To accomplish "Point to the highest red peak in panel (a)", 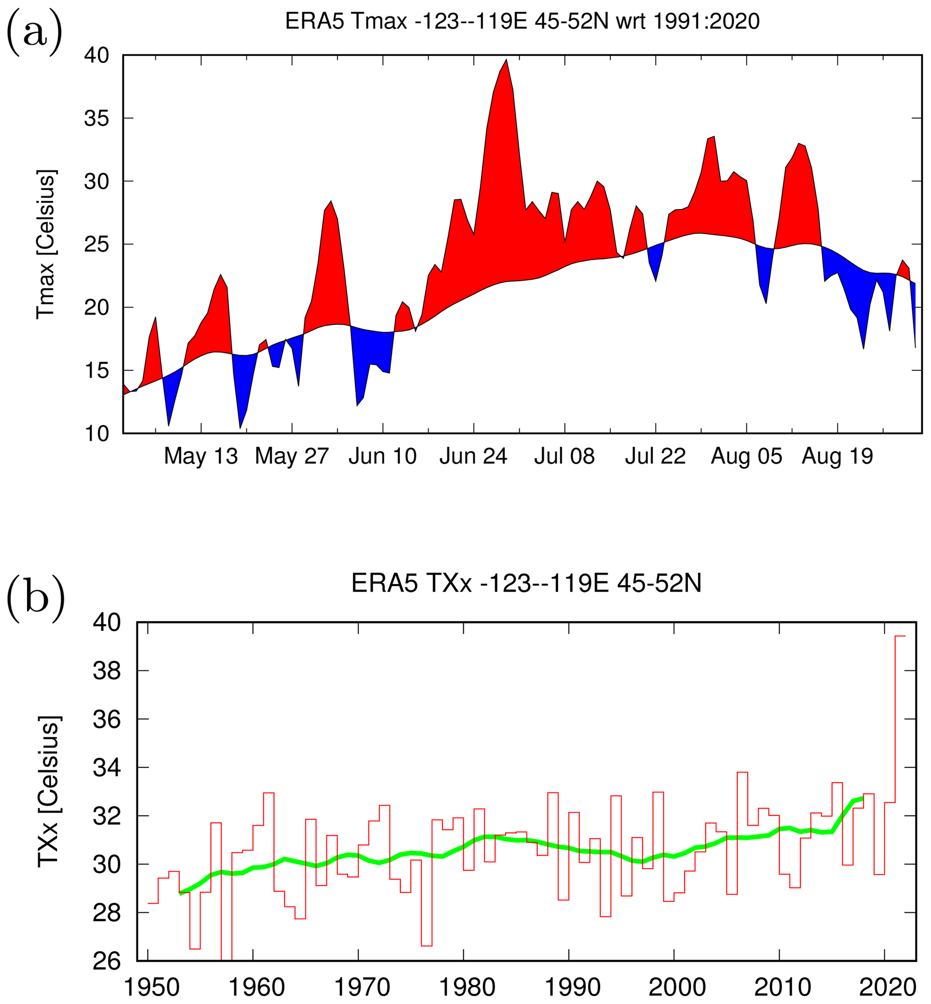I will coord(506,60).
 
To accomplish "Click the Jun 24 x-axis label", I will coord(473,456).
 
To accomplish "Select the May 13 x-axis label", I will coord(200,456).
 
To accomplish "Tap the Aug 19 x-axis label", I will coord(837,456).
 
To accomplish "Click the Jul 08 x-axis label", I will coord(564,456).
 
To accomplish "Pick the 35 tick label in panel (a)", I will coord(97,119).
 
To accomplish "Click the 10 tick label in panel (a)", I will coord(97,434).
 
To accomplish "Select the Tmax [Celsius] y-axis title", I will coord(46,244).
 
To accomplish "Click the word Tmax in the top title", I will coord(379,22).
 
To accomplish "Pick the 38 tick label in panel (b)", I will coord(107,671).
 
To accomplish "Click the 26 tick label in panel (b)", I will coord(107,961).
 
